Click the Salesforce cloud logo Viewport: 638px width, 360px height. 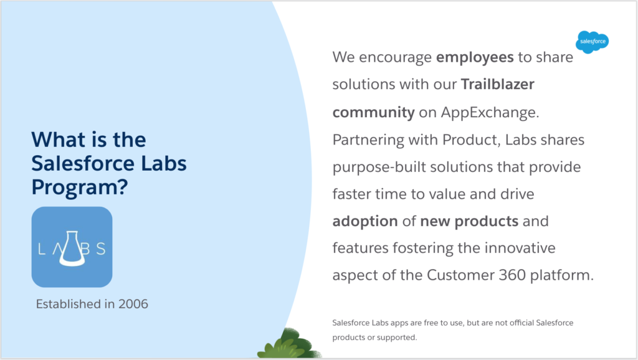(593, 42)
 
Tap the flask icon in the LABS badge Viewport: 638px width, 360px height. (72, 249)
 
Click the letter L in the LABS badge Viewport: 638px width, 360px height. (42, 249)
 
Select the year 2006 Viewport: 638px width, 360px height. (133, 304)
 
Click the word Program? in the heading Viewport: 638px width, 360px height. (80, 187)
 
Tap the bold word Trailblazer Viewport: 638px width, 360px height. (498, 84)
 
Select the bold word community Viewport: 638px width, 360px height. (374, 112)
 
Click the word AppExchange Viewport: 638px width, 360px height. (490, 112)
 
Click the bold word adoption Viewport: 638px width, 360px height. (365, 222)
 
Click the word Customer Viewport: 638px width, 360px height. (460, 275)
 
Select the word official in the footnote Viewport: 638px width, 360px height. (521, 323)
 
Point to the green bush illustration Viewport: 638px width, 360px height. (289, 345)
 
